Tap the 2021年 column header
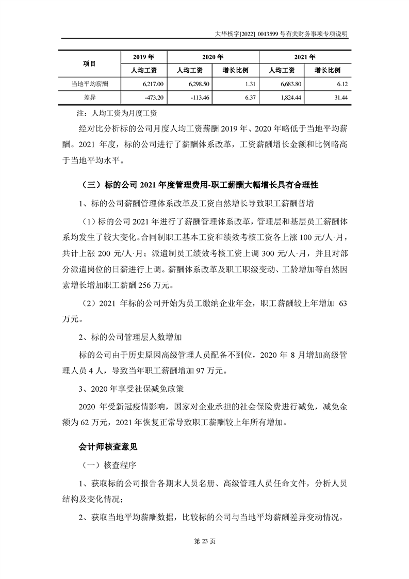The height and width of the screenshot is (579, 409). click(x=305, y=57)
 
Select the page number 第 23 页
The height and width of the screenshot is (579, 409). click(x=204, y=555)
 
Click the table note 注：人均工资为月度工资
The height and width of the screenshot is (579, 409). click(x=116, y=112)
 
